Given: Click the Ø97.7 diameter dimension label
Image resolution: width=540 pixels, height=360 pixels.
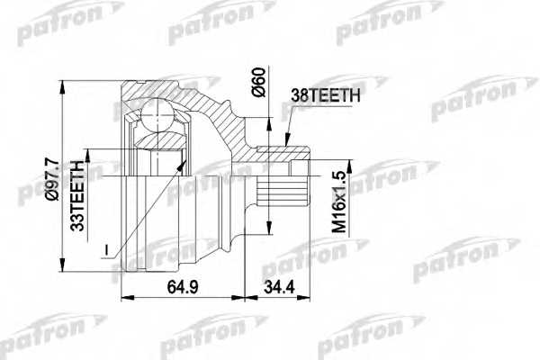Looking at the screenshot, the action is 53,179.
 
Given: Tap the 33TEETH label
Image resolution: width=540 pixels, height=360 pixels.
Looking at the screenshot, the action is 77,195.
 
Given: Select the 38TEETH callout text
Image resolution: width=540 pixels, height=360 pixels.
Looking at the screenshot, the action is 326,95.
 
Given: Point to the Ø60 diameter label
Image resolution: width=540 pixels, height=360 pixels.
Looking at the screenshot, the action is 260,82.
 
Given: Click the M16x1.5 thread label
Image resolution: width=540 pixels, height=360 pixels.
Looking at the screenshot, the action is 338,202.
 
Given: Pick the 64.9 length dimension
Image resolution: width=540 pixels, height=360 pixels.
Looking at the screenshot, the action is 183,286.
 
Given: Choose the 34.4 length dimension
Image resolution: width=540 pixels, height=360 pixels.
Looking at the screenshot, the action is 279,286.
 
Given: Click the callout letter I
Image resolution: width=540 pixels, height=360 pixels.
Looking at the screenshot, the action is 107,250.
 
